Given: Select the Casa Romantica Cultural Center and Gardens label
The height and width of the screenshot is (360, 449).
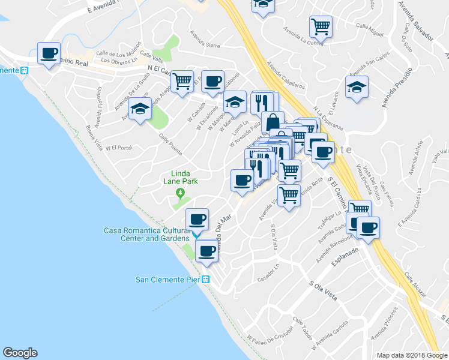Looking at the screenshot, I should point(148,234).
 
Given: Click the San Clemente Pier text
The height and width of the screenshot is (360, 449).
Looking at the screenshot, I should point(167,280).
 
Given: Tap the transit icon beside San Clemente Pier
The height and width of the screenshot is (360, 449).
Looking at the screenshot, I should point(205,280).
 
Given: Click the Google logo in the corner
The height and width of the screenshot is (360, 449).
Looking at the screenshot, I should point(20,352).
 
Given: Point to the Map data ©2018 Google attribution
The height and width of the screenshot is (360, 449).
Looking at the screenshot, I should point(411,355).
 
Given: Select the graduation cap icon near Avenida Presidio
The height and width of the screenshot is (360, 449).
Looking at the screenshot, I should point(357,87).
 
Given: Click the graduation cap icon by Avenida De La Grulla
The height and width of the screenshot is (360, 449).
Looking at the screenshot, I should point(140,109).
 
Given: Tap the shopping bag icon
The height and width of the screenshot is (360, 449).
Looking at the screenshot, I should point(273,121).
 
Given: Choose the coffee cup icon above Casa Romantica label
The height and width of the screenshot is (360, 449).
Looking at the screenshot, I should point(197,218).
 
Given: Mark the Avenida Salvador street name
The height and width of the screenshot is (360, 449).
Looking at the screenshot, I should point(416,19).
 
